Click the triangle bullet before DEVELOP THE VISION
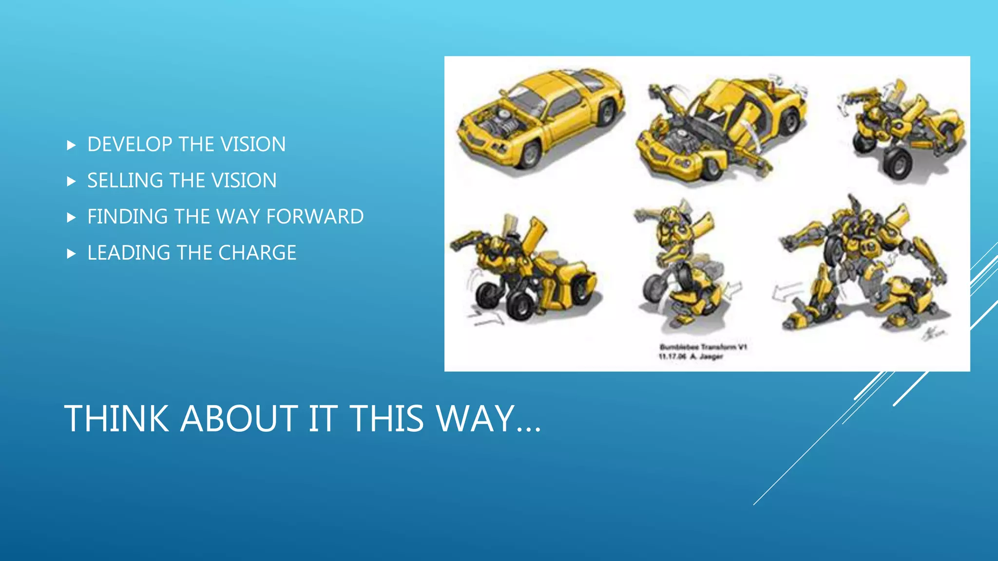(x=71, y=145)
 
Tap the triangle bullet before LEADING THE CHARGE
(x=71, y=253)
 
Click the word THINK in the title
(x=116, y=418)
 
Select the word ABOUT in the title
(x=239, y=418)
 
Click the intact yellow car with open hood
(x=541, y=117)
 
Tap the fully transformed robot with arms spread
(x=863, y=263)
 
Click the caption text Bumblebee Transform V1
(x=703, y=347)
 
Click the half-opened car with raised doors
(x=721, y=129)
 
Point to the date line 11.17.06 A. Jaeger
(x=691, y=357)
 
